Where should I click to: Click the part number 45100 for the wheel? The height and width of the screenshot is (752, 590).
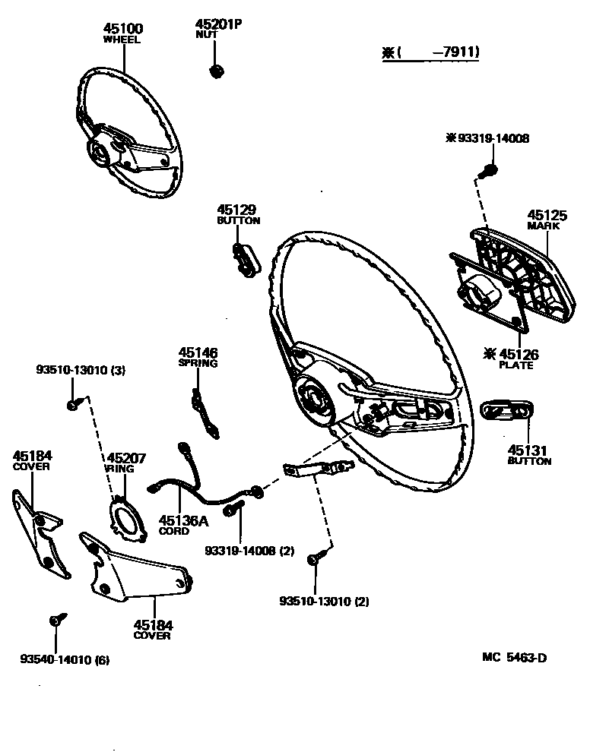[x=122, y=29]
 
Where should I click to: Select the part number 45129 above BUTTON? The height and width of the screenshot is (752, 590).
[x=236, y=210]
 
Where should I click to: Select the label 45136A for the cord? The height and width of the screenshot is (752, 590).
[x=182, y=520]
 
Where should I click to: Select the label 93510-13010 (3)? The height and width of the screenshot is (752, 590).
[x=81, y=370]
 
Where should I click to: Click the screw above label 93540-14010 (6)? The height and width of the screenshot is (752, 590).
[x=56, y=620]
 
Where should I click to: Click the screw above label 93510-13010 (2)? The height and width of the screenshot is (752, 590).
[x=313, y=559]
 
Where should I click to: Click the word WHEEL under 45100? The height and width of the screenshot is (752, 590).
[x=122, y=40]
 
